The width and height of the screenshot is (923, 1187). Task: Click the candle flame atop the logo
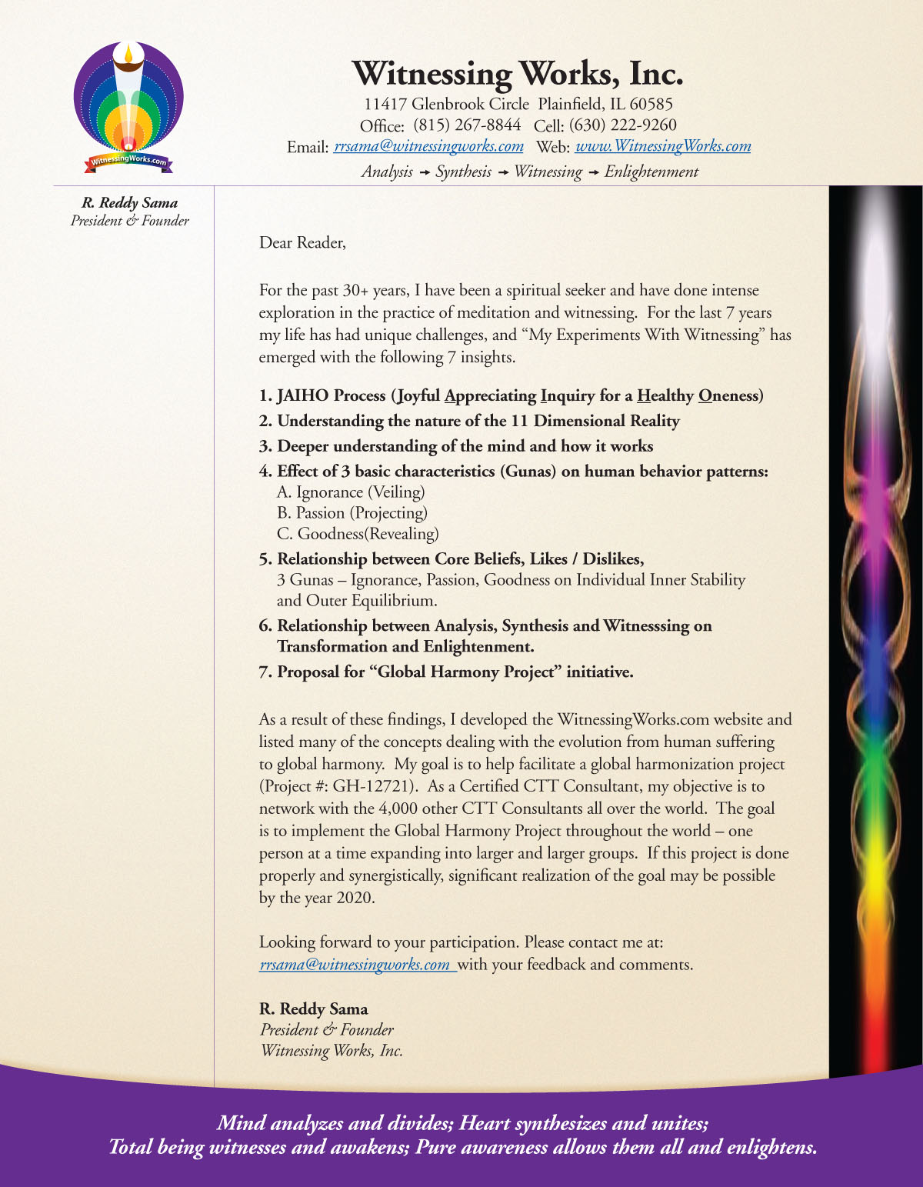click(x=128, y=53)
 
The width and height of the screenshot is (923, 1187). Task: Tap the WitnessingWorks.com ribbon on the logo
click(x=128, y=161)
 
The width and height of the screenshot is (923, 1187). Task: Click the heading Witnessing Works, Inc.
click(x=517, y=74)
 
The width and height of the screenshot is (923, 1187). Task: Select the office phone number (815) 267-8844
click(x=467, y=125)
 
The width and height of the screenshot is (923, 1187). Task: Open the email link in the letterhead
click(x=428, y=146)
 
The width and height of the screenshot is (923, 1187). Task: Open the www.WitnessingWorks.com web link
click(x=662, y=146)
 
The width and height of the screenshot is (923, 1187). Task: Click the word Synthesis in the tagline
click(x=463, y=172)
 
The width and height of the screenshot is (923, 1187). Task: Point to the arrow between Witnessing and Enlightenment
click(x=593, y=172)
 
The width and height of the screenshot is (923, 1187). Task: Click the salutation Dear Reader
click(x=302, y=243)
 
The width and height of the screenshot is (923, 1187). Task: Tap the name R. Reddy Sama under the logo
click(x=129, y=203)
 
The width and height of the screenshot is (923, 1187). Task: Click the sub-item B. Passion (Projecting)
click(x=352, y=513)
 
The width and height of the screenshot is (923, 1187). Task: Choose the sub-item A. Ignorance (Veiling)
click(x=350, y=492)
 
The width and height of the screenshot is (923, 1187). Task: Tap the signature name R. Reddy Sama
click(x=313, y=1009)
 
